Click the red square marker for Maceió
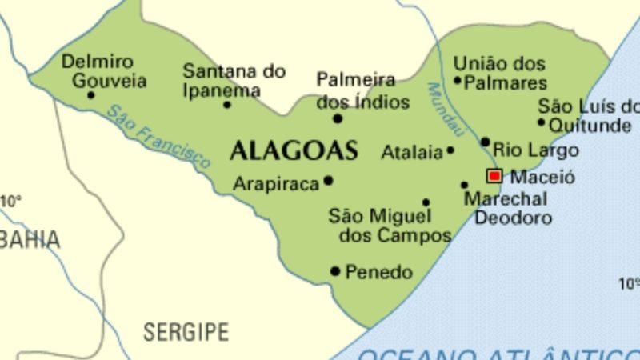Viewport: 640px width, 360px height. click(494, 176)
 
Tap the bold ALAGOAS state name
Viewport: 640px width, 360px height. click(293, 150)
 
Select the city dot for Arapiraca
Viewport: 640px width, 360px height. click(328, 181)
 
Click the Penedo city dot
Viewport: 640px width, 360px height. click(335, 271)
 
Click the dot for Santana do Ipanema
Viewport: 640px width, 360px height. click(227, 104)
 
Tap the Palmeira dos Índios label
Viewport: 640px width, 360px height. click(362, 91)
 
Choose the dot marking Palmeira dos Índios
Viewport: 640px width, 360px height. click(338, 118)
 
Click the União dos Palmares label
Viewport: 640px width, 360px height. click(500, 73)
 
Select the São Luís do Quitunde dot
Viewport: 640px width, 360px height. click(542, 122)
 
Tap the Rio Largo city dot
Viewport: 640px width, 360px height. click(485, 142)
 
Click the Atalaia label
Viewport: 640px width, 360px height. click(412, 152)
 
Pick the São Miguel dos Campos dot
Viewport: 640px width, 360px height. click(426, 202)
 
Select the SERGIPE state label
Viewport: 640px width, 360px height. click(186, 331)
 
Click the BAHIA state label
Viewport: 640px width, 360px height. click(30, 239)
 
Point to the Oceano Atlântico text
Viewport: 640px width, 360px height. click(496, 353)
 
